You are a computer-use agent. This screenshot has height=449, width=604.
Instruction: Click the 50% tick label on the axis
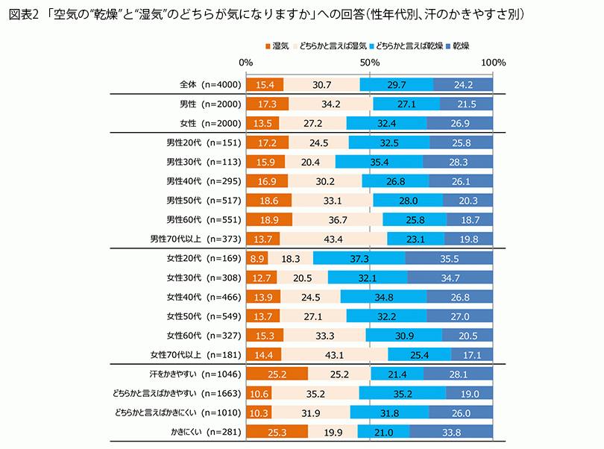pyautogui.click(x=371, y=63)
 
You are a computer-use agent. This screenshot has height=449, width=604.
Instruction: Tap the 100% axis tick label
pyautogui.click(x=494, y=63)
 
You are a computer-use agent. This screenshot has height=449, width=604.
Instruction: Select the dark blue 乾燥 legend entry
pyautogui.click(x=447, y=47)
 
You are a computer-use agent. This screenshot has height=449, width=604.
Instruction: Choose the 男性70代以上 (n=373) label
pyautogui.click(x=195, y=239)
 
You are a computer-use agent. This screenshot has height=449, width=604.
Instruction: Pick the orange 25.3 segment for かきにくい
pyautogui.click(x=277, y=431)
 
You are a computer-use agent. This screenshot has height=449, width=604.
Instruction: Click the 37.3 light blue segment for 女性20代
pyautogui.click(x=359, y=259)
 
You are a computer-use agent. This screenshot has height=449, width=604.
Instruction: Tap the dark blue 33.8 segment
pyautogui.click(x=451, y=431)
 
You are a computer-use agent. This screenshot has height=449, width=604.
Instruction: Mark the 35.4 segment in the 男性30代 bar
pyautogui.click(x=379, y=162)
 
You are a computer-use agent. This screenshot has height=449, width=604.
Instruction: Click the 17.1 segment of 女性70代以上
pyautogui.click(x=471, y=354)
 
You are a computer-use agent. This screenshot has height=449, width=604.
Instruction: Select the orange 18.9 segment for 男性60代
pyautogui.click(x=269, y=219)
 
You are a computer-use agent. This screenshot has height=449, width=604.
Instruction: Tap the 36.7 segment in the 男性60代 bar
pyautogui.click(x=337, y=219)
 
